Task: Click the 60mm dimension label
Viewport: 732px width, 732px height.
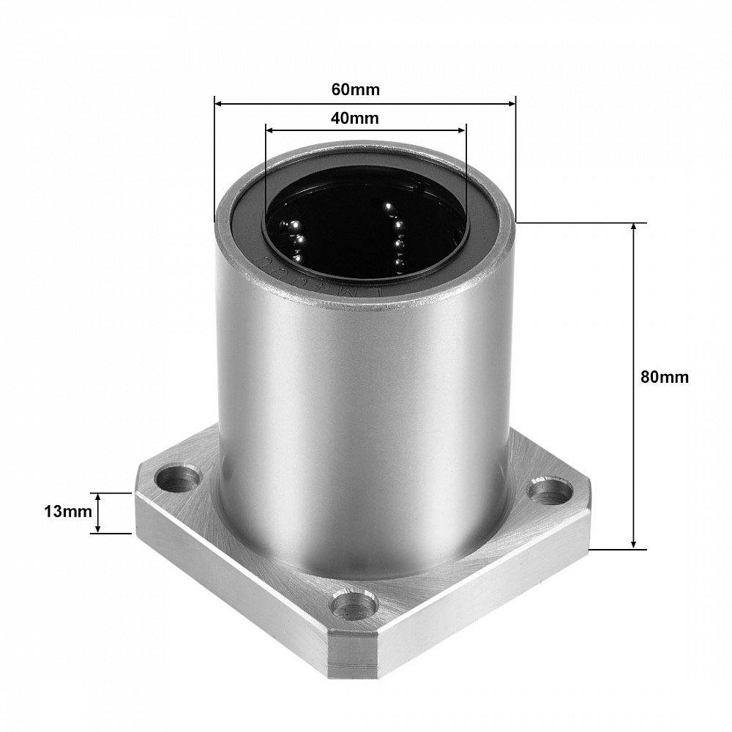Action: (356, 89)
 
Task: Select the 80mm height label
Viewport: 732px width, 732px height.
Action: (664, 377)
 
